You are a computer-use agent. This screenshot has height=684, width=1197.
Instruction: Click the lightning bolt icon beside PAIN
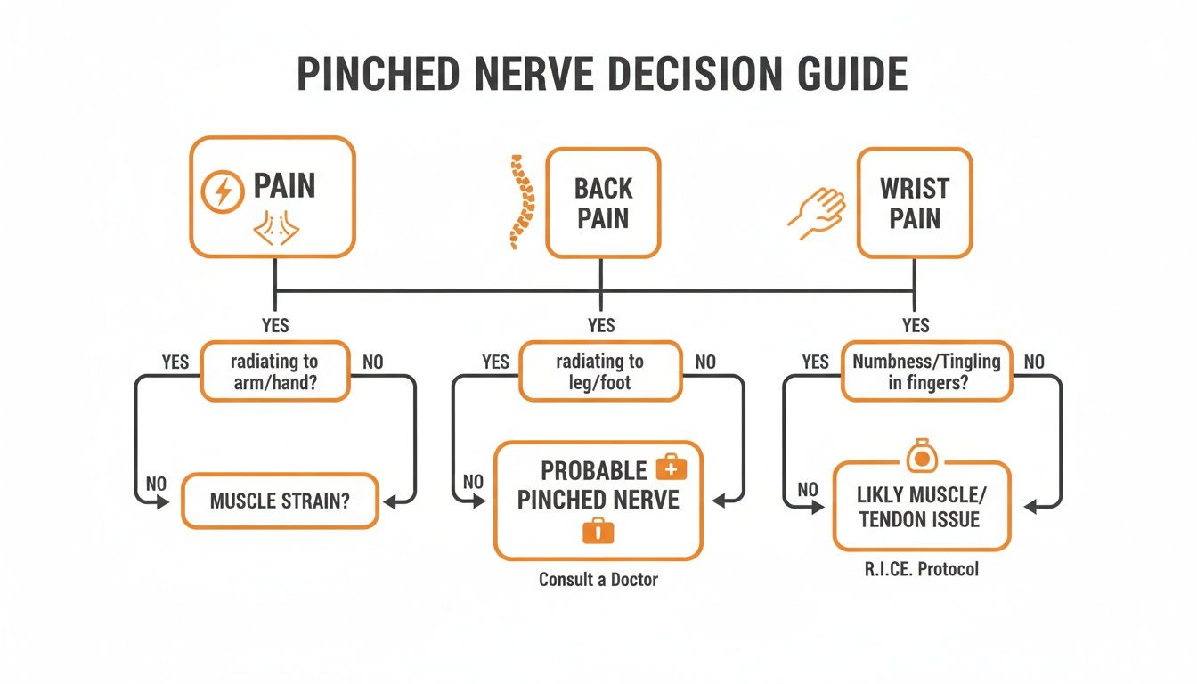[x=223, y=192]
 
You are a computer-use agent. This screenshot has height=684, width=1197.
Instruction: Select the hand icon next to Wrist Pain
[x=817, y=211]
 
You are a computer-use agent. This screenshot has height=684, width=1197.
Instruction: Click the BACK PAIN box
[x=603, y=203]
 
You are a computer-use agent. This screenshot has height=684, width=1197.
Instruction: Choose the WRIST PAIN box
[x=915, y=203]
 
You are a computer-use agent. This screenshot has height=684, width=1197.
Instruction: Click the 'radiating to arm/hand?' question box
[x=274, y=370]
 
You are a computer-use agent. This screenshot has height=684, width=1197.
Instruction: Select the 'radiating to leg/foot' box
[x=599, y=370]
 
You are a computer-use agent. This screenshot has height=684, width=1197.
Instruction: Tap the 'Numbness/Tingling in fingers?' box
[x=926, y=371]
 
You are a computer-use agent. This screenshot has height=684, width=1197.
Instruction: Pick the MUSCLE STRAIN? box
[x=280, y=501]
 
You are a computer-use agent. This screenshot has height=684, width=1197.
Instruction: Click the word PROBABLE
[x=581, y=470]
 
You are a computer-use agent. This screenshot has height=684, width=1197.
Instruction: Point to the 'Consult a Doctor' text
[x=598, y=580]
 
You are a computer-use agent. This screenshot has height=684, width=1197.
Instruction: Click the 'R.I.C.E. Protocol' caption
[x=921, y=568]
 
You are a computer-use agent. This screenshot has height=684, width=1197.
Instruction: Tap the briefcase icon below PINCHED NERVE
[x=598, y=532]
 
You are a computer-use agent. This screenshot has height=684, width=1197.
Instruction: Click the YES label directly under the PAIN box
[x=274, y=325]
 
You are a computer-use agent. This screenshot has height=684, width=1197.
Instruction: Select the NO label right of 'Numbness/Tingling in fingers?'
[x=1034, y=362]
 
